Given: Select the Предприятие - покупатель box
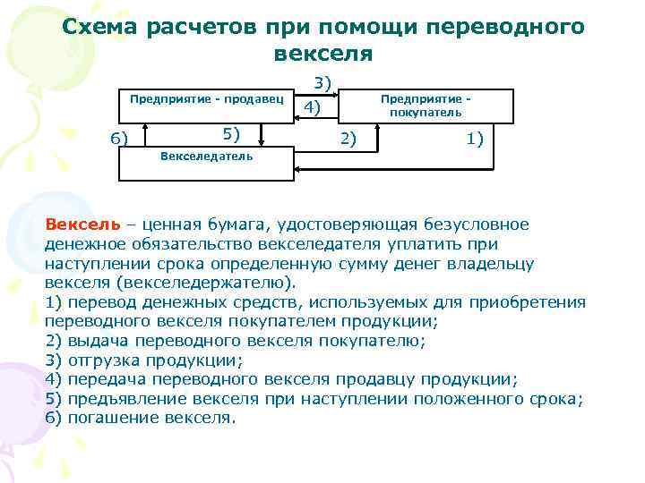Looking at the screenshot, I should pyautogui.click(x=426, y=106).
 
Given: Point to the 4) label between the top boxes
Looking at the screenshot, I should pyautogui.click(x=313, y=108).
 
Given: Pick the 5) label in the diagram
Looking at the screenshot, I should pyautogui.click(x=232, y=133).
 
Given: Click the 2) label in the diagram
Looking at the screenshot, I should pyautogui.click(x=346, y=137).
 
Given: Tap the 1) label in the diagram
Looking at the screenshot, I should pyautogui.click(x=475, y=137).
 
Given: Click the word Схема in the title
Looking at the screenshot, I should pyautogui.click(x=99, y=27).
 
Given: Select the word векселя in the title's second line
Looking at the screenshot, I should pyautogui.click(x=322, y=54).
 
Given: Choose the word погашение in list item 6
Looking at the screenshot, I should pyautogui.click(x=111, y=419).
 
